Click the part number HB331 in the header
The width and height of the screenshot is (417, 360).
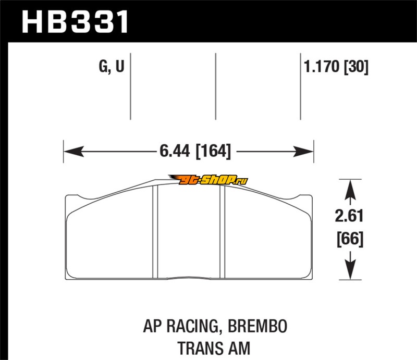pos(75,22)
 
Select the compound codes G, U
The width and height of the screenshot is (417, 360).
pos(112,66)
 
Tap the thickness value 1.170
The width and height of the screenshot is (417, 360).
pos(322,66)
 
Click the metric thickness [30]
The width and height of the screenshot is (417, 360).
pos(356,67)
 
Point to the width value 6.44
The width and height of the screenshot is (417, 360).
pos(175,151)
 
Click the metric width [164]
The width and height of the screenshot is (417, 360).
pos(213,151)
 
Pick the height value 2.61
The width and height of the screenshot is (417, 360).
pos(349,216)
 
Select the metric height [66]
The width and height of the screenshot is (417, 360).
pos(350,239)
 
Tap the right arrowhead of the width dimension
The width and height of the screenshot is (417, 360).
pos(303,152)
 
